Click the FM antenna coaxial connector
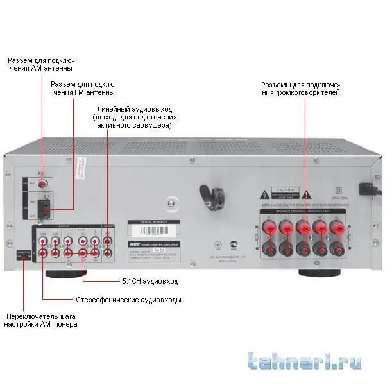(43, 184)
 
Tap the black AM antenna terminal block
(42, 208)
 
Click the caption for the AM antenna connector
(40, 64)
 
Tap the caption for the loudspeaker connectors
(300, 89)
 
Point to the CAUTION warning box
(285, 193)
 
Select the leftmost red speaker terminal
(267, 227)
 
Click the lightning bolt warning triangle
(263, 193)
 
